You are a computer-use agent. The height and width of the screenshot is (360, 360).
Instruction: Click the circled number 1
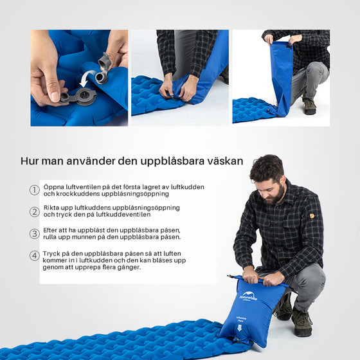(x=35, y=190)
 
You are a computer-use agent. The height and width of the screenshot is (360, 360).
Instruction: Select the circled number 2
(x=35, y=212)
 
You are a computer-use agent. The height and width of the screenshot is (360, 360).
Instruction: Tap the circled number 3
(x=35, y=233)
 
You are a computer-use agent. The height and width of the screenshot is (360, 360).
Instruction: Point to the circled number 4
(x=35, y=255)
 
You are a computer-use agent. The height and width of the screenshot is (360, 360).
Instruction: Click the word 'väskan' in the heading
(x=224, y=161)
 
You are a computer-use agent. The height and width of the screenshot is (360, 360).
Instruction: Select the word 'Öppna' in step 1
(x=54, y=187)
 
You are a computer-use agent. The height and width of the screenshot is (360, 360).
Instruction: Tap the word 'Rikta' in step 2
(x=52, y=208)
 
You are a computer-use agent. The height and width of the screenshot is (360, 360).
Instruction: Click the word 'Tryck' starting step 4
(x=53, y=253)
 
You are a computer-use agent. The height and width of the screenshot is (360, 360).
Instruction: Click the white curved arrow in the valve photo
(x=84, y=80)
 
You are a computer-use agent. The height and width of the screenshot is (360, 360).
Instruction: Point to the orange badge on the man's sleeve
(x=311, y=216)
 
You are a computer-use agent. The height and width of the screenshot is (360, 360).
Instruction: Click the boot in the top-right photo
(x=309, y=105)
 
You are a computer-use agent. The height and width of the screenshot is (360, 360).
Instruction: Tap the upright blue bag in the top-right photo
(x=281, y=76)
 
